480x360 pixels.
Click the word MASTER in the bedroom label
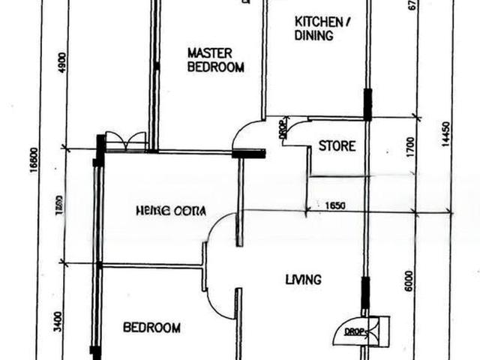tap(209, 53)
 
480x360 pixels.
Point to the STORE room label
tap(337, 146)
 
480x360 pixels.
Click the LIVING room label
tap(303, 280)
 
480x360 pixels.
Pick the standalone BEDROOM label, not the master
tap(151, 328)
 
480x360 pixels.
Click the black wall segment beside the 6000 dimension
tap(365, 293)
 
